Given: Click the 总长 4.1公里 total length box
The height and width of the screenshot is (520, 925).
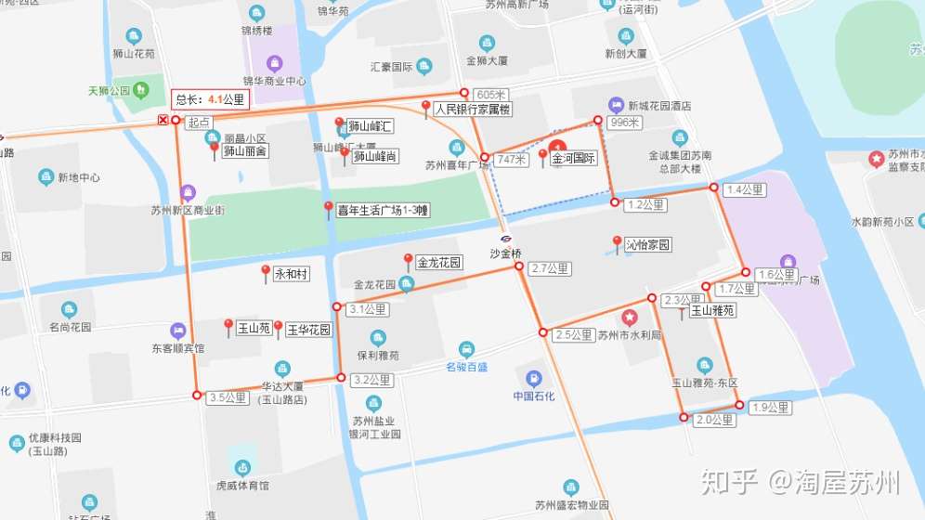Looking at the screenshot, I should point(210,98).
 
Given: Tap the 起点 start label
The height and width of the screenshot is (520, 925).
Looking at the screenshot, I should point(199,122).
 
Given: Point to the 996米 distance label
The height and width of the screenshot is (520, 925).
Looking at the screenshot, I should point(625,123).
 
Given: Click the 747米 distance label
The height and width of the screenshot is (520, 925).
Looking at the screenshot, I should point(512,160).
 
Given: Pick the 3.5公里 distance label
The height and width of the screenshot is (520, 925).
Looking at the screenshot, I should point(228,397).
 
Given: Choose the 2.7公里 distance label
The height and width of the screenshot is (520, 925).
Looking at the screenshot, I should point(550,268).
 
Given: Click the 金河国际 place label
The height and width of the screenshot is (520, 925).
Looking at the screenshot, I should point(573,159).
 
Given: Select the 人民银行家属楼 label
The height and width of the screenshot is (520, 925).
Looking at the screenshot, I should point(472,110).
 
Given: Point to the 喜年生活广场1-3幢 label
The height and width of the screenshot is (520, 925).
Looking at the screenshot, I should point(383,211).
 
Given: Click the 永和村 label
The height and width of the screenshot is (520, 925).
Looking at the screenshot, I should point(291,275).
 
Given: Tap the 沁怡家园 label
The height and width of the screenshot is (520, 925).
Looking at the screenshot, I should point(647,245).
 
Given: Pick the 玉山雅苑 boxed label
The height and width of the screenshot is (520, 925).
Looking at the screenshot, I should point(712,311).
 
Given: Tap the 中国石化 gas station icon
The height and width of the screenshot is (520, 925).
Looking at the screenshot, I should point(533,379).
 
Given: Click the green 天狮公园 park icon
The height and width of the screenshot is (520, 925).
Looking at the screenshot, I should point(141,90).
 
